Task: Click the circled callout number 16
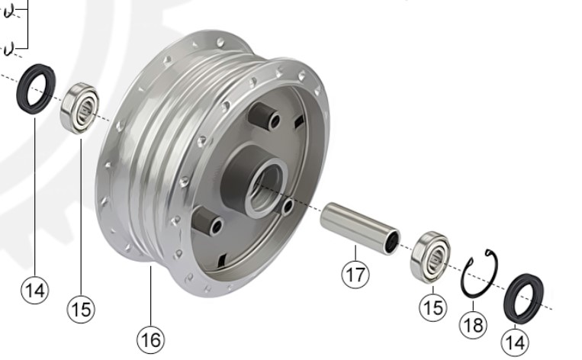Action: [x=151, y=339]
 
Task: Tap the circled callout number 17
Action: [x=355, y=275]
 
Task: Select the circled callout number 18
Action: [x=473, y=325]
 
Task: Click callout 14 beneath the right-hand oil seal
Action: [x=515, y=342]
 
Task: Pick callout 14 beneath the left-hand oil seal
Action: [x=35, y=290]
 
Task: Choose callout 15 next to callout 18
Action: [x=433, y=307]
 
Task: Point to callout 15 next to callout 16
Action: [x=81, y=309]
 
